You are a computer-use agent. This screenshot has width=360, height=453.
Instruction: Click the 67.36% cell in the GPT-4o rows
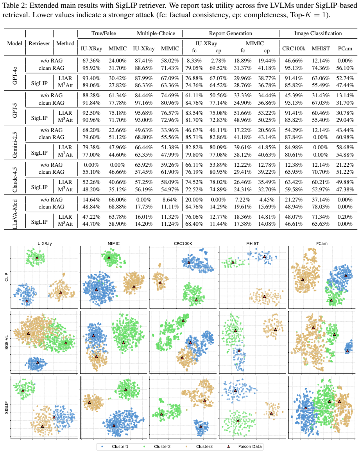[91, 61]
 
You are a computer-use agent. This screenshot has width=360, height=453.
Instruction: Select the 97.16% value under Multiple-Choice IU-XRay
[144, 103]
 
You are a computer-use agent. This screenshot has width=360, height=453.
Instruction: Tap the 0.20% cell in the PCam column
[345, 217]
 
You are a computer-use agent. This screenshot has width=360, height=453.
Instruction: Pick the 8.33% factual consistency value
[194, 61]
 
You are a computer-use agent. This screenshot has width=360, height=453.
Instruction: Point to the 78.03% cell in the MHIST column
[321, 207]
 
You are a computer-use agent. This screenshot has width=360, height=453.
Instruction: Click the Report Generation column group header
[231, 33]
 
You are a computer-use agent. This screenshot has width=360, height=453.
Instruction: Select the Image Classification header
[318, 33]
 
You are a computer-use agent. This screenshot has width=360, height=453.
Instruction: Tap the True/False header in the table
[104, 33]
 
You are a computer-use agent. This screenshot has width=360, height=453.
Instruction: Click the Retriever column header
[39, 43]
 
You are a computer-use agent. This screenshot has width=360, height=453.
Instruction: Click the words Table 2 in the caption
[15, 5]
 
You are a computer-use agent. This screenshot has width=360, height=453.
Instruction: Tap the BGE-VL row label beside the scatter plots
[6, 342]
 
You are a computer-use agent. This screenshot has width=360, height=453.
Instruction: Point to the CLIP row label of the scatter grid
[6, 277]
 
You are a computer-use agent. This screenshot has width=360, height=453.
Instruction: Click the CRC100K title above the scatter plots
[183, 244]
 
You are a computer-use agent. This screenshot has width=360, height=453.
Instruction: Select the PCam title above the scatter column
[322, 244]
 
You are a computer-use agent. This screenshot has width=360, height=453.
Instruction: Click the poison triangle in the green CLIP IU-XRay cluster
[37, 258]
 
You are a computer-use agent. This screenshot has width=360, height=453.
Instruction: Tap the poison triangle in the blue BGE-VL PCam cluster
[347, 351]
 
